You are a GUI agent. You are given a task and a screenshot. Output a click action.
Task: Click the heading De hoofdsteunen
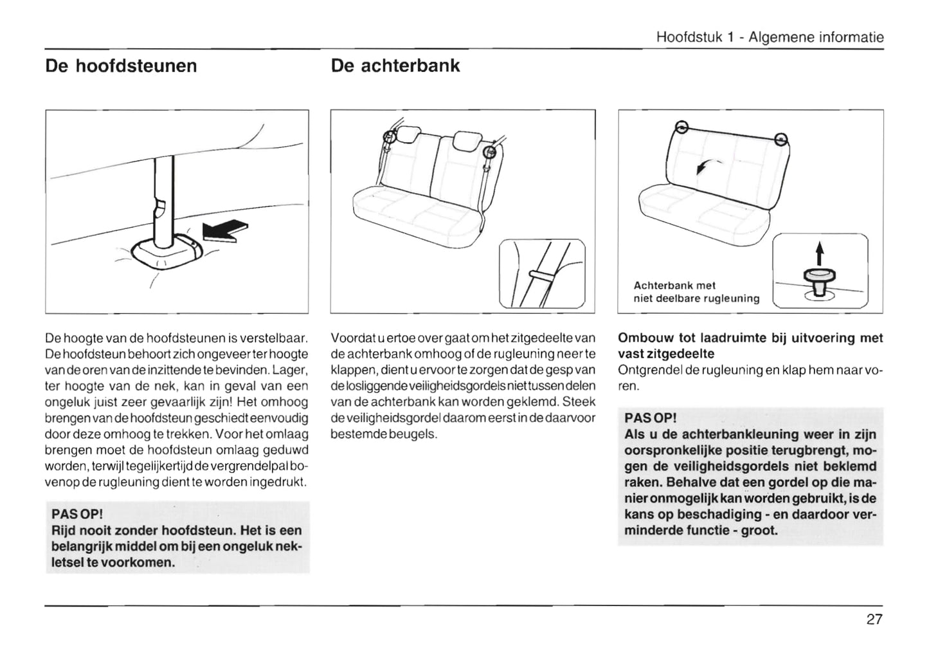click(121, 66)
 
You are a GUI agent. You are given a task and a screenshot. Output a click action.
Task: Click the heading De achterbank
click(395, 66)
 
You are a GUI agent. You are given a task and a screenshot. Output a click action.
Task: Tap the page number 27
click(874, 619)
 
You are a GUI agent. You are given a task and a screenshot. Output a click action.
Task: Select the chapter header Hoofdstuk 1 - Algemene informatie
click(770, 37)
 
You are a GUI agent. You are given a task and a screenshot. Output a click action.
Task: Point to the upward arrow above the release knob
click(819, 253)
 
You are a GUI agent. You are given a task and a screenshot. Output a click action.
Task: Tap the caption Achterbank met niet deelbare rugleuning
click(696, 291)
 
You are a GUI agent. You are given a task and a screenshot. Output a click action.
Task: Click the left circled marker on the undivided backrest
click(682, 127)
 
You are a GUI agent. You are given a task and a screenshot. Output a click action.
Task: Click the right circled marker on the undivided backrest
click(780, 138)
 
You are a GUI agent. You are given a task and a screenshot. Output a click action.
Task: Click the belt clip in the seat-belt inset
click(541, 275)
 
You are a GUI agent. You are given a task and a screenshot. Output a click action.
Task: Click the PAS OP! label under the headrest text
click(77, 515)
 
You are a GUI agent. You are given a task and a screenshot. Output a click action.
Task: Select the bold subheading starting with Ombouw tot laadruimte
click(750, 345)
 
